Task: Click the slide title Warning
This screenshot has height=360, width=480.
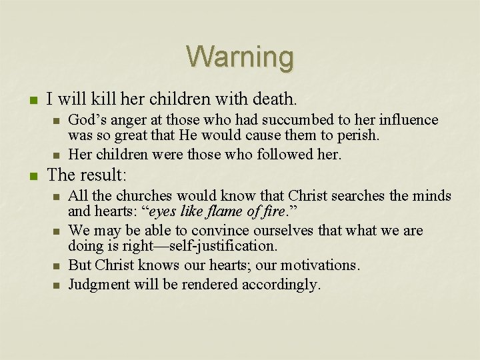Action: click(x=239, y=57)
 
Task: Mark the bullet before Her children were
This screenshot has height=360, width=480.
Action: click(x=57, y=155)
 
